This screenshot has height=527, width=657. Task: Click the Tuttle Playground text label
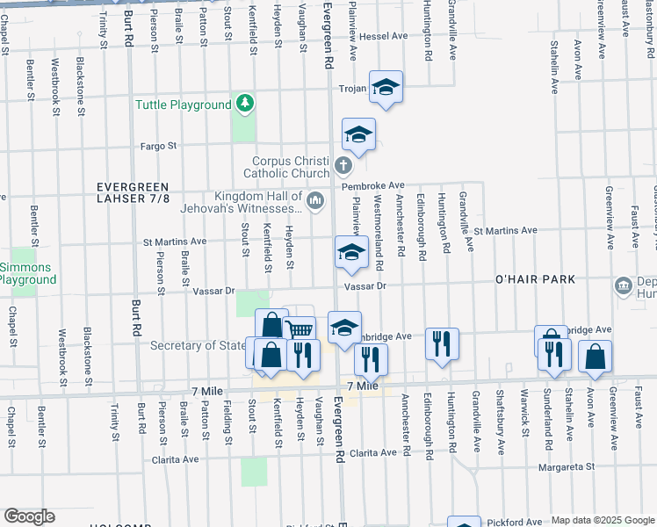[183, 105]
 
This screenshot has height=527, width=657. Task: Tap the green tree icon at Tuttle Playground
[246, 105]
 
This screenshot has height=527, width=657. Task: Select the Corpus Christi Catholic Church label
[292, 167]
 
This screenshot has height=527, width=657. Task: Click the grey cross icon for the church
[343, 165]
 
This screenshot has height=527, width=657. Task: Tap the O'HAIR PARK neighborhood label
[535, 279]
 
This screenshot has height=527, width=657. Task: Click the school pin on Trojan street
[386, 88]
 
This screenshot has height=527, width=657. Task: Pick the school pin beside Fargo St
[358, 134]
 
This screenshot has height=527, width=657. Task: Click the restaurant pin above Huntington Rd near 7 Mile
[441, 343]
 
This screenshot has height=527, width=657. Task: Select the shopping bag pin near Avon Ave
[595, 356]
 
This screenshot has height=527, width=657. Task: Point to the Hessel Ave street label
[385, 36]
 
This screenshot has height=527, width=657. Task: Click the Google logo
[29, 516]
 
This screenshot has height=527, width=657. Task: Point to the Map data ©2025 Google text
[603, 520]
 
